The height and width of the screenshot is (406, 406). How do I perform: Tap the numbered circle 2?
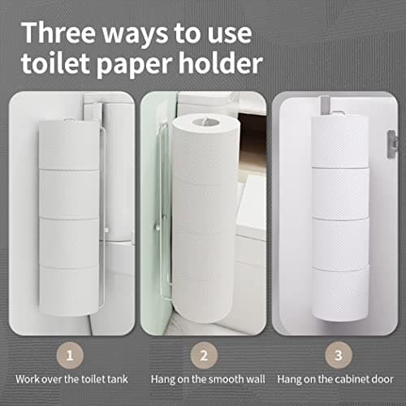tap(203, 354)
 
